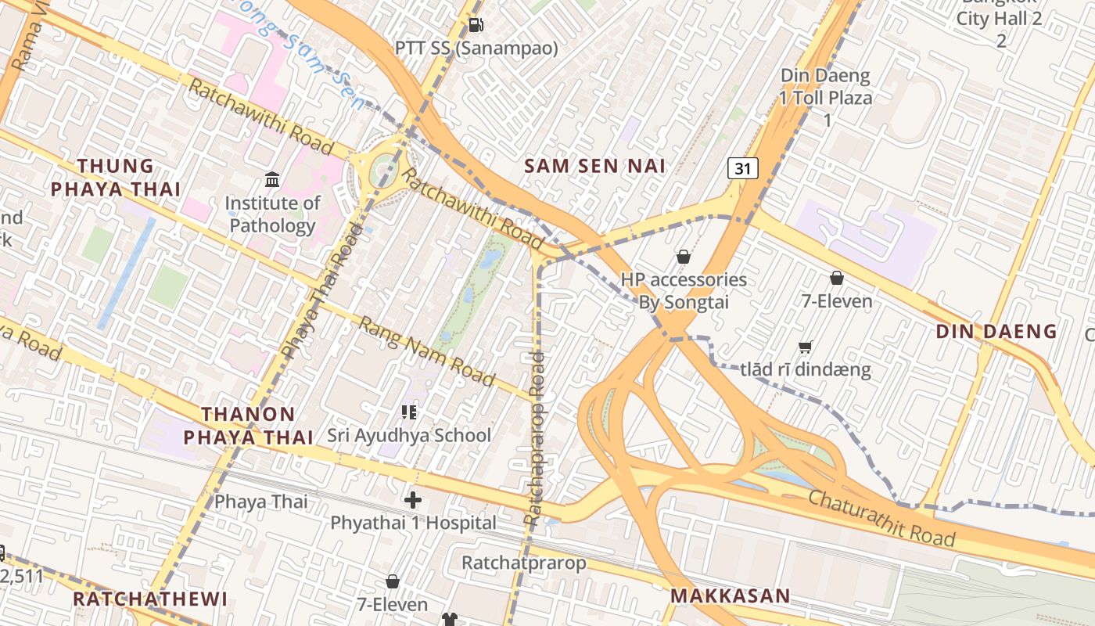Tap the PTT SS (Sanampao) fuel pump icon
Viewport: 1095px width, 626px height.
[x=476, y=25]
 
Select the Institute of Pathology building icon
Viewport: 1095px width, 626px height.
[x=272, y=181]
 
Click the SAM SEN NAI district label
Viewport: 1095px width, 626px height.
[x=594, y=166]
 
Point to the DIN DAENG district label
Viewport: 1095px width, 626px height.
[x=996, y=331]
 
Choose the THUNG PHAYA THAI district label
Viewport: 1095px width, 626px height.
[x=116, y=178]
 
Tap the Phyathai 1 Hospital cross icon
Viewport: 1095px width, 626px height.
[x=413, y=499]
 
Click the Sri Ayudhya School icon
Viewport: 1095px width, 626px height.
[x=408, y=412]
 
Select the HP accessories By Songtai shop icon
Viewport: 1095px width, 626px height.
[x=683, y=257]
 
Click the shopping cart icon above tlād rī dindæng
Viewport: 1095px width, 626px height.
[x=805, y=347]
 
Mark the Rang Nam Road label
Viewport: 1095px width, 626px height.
[x=427, y=351]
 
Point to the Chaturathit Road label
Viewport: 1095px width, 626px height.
[x=881, y=518]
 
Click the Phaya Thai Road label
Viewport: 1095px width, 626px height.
[x=321, y=291]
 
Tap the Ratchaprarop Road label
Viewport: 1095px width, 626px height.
[x=536, y=438]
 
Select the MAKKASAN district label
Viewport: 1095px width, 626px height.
[x=731, y=595]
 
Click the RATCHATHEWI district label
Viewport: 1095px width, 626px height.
[x=150, y=599]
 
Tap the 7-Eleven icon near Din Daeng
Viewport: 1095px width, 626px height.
[x=836, y=278]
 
